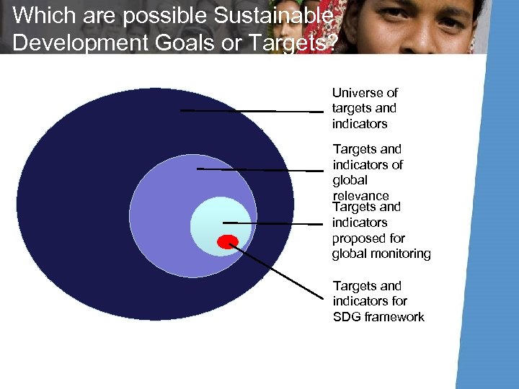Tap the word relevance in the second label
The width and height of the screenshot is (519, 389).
pyautogui.click(x=360, y=195)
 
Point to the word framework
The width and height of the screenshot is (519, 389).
pyautogui.click(x=395, y=317)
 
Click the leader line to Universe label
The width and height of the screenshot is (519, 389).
pyautogui.click(x=252, y=111)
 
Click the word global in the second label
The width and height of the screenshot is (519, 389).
pyautogui.click(x=350, y=180)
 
